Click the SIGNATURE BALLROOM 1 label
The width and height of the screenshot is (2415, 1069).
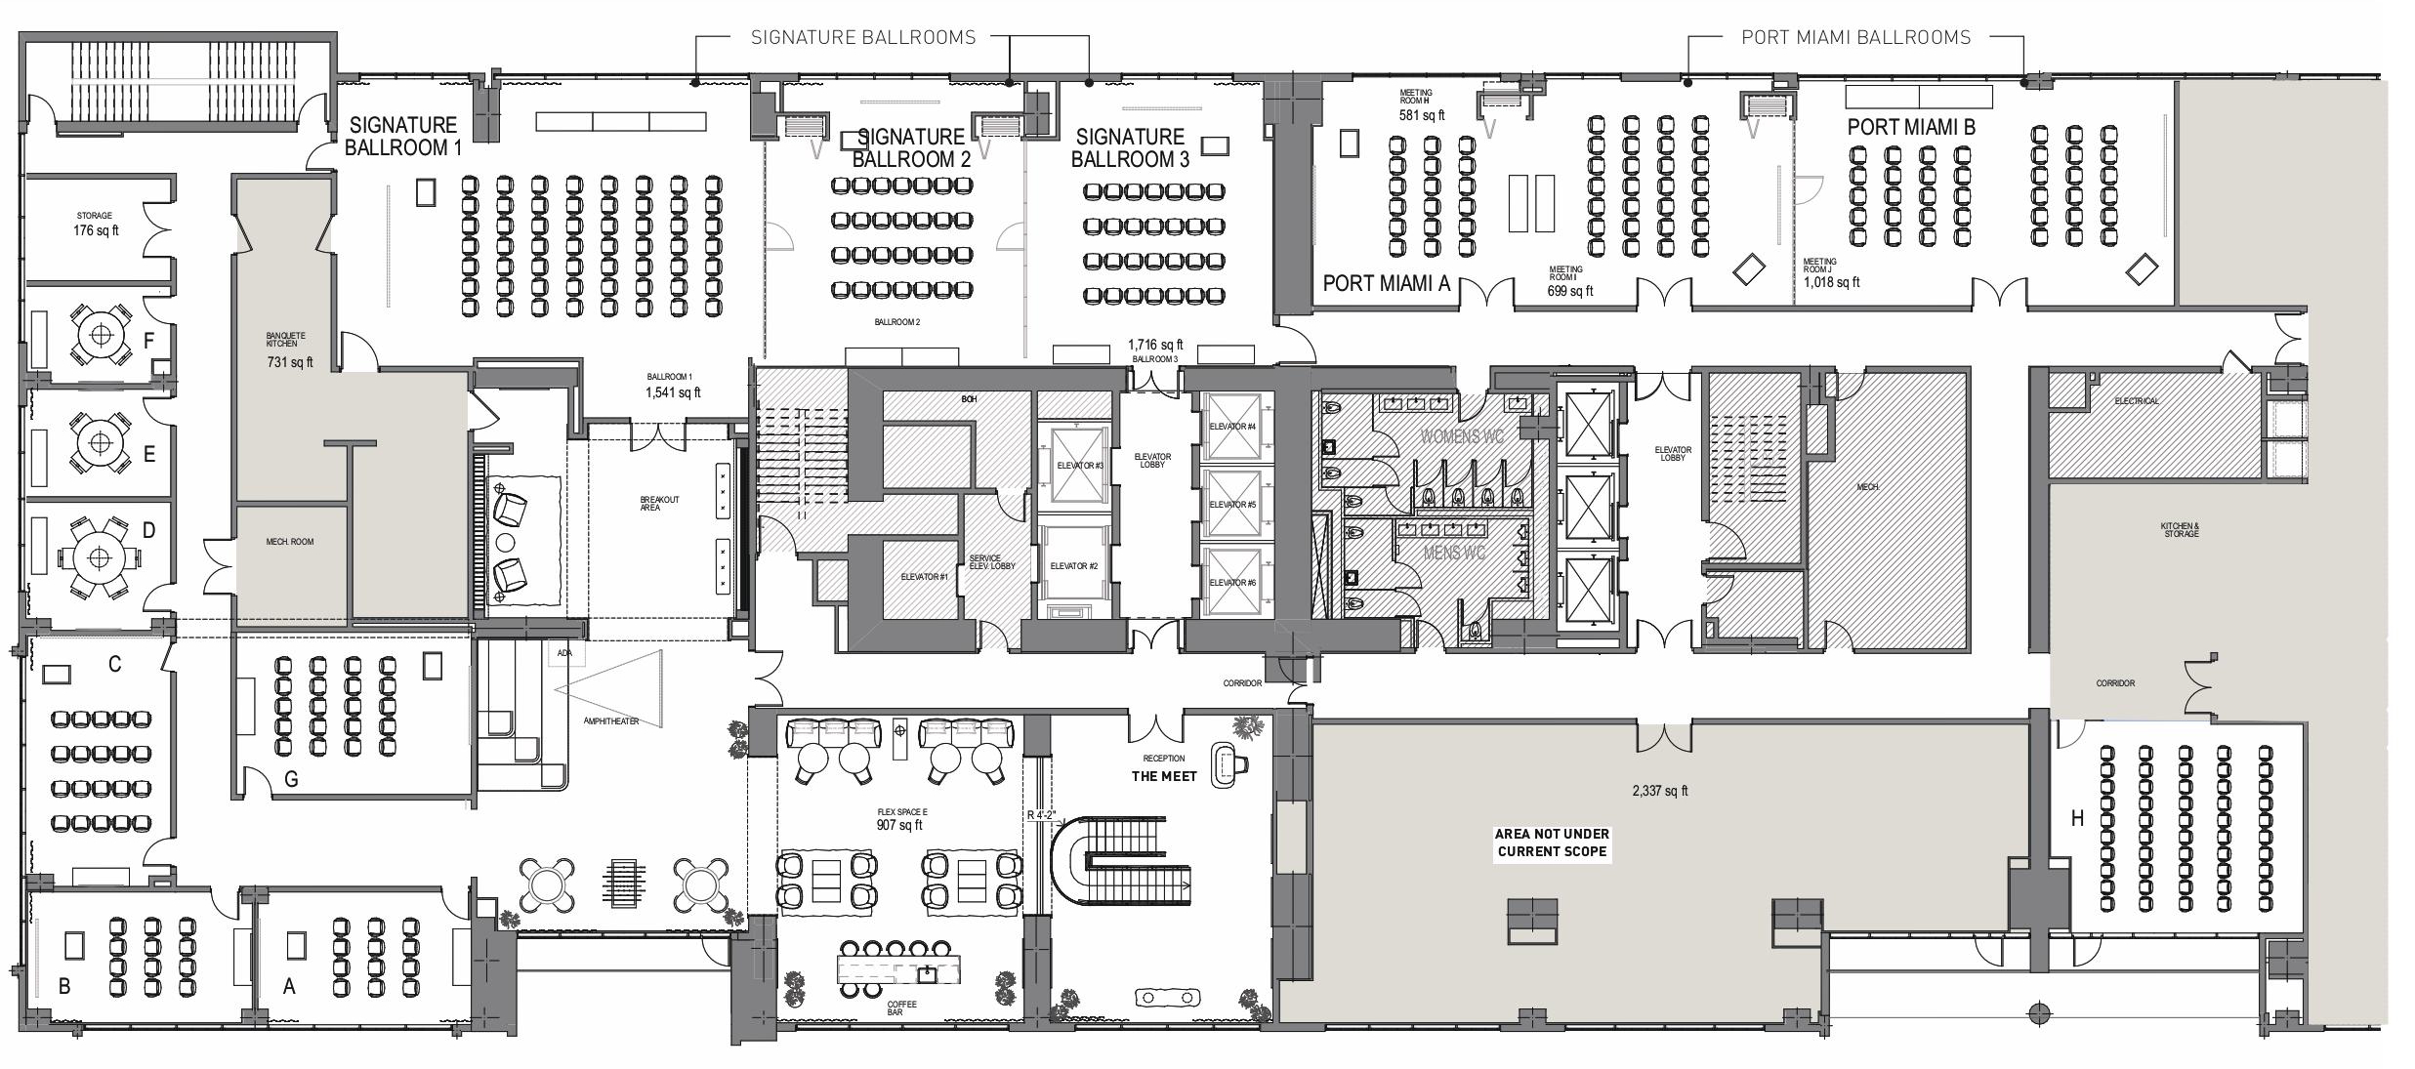402,137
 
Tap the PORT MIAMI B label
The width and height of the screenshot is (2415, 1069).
1910,127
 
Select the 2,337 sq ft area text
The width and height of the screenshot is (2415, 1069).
1659,791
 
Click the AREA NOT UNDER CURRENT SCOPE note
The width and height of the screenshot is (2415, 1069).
1552,843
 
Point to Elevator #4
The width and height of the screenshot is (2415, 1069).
1232,427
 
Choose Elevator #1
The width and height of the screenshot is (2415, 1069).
924,577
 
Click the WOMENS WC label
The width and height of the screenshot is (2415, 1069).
1462,435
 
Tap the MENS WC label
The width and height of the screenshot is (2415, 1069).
1454,554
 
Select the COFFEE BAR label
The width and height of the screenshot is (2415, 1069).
901,1007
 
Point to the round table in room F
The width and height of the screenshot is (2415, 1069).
100,335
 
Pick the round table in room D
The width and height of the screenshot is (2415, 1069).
98,558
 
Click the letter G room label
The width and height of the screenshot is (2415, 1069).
291,779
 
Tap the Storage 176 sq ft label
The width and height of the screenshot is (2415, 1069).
96,225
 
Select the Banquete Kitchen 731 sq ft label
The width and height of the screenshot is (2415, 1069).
289,350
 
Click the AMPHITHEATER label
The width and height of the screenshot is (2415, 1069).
611,721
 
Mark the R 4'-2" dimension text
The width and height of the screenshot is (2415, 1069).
1042,814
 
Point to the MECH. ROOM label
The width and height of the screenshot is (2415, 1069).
290,542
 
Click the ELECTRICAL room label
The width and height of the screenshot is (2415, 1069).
2137,401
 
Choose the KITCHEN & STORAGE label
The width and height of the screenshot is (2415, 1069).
2180,530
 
